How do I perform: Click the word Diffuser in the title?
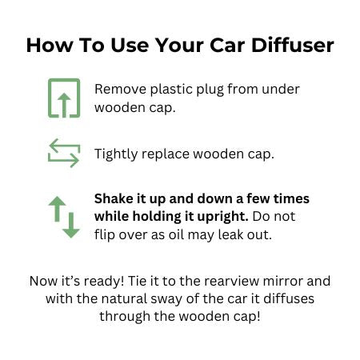(292, 45)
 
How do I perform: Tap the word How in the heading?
(50, 45)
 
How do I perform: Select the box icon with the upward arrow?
(64, 98)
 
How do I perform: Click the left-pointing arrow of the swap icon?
(65, 146)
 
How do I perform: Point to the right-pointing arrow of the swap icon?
(63, 160)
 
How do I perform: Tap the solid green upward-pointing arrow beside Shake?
(57, 209)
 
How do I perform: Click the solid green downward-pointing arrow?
(71, 225)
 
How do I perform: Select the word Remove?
(120, 89)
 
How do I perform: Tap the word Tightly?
(116, 154)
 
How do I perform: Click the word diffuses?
(289, 298)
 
